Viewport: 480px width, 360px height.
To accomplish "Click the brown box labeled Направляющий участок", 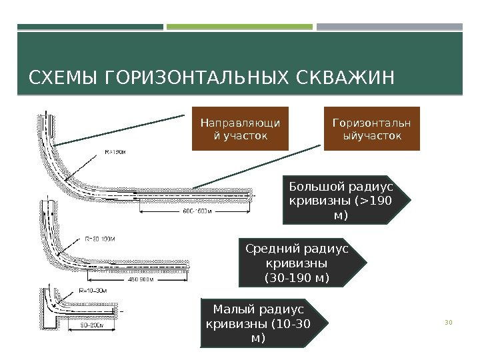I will click(x=240, y=129).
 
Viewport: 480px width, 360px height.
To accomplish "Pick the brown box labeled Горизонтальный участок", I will click(x=372, y=129).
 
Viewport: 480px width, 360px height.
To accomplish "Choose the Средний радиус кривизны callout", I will click(x=298, y=263).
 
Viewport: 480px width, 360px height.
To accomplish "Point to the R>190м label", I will click(x=115, y=151).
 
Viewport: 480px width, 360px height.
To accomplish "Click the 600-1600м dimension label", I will click(x=198, y=212).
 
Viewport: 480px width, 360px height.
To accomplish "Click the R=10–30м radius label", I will click(x=93, y=291).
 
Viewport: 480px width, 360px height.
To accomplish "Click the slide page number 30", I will click(x=448, y=323).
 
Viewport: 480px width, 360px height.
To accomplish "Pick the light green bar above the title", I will click(x=239, y=27).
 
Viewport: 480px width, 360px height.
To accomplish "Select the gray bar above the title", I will click(x=389, y=27).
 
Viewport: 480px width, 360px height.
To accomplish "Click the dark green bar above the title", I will click(x=90, y=27).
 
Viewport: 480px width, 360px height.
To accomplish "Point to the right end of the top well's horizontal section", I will click(x=253, y=193).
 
